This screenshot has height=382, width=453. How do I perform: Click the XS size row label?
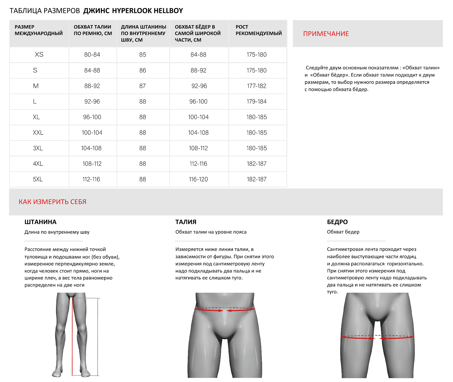pos(39,54)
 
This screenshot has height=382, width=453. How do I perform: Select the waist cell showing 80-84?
pos(92,54)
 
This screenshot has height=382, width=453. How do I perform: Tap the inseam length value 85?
pos(143,54)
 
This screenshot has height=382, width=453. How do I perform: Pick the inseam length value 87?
pos(143,86)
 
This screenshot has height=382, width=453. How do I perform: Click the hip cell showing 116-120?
pos(198,179)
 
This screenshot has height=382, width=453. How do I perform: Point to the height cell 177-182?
pos(256,86)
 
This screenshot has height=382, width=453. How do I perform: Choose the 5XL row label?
pos(38,179)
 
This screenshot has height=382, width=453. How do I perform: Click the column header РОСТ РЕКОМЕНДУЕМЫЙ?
pos(258,30)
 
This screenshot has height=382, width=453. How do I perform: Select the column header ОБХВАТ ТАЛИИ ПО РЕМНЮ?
pos(92,30)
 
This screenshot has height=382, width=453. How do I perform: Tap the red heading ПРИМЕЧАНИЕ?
pos(326,34)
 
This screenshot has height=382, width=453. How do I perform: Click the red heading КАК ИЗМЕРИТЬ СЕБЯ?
pos(52,202)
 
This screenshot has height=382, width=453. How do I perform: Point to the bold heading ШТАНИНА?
pos(40,222)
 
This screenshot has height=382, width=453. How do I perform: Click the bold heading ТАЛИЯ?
pos(186,222)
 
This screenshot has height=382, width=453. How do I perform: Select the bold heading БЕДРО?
pos(337,222)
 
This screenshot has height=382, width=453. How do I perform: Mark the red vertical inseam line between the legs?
pos(72,337)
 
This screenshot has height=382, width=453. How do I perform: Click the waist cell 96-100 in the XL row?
pos(92,117)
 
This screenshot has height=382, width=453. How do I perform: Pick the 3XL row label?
pos(38,148)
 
